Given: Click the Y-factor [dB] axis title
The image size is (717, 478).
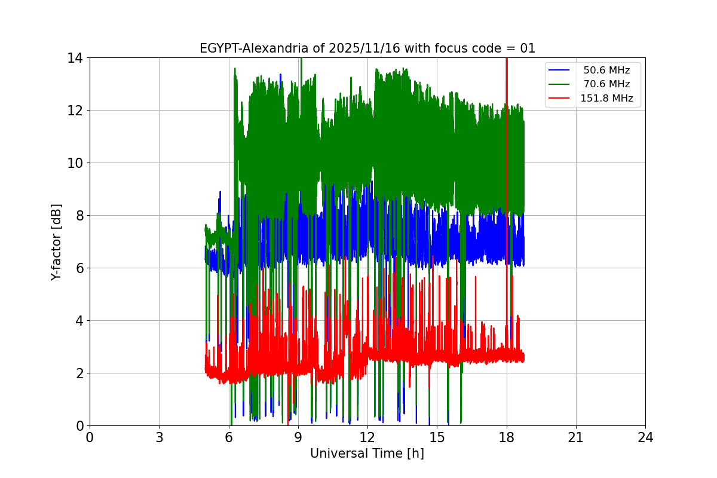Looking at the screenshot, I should (56, 241).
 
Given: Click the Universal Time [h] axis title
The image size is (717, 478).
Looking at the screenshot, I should (367, 454).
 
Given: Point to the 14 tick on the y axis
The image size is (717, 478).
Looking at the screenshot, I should (75, 58).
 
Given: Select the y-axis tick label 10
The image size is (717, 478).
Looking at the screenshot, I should (75, 163).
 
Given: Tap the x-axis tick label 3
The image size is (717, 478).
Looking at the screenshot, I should (159, 437).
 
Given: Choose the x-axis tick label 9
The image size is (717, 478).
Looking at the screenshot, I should (298, 437).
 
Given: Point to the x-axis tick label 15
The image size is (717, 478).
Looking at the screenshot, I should (437, 437).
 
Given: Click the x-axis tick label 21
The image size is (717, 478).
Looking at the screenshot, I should (576, 437).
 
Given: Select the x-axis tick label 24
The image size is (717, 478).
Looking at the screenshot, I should (645, 437).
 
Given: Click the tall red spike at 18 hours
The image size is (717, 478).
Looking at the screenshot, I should (507, 179).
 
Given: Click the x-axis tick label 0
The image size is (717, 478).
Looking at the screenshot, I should (90, 437).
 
